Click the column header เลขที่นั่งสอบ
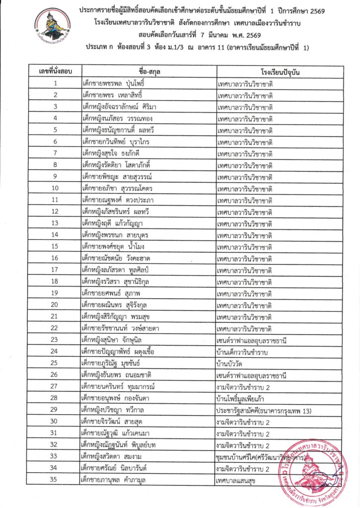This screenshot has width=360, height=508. (56, 73)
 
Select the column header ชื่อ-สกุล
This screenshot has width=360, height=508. (147, 73)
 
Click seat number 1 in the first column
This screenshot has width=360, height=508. (56, 84)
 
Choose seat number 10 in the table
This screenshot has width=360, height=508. (56, 188)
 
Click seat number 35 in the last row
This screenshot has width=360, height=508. (56, 480)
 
